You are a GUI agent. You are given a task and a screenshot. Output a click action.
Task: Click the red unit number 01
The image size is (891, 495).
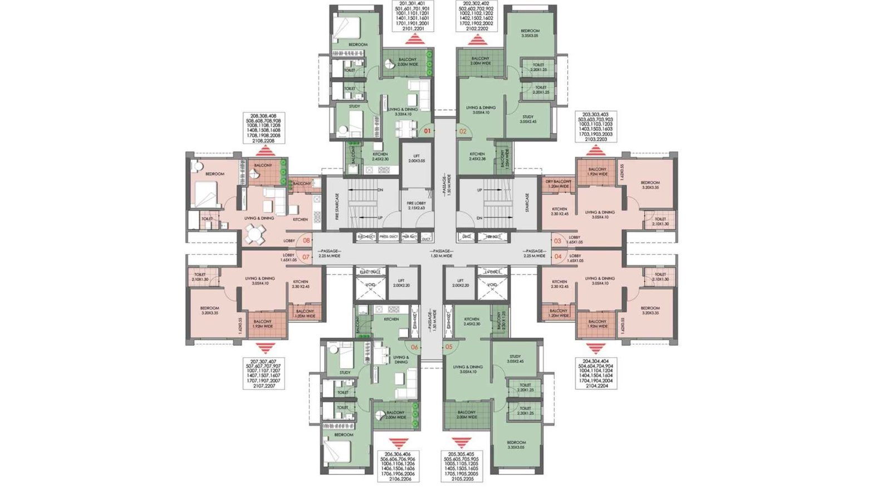pyautogui.click(x=427, y=131)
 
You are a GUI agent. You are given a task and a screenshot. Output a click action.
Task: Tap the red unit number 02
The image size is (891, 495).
pyautogui.click(x=462, y=131)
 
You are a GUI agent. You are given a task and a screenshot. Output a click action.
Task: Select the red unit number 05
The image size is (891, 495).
pyautogui.click(x=449, y=347)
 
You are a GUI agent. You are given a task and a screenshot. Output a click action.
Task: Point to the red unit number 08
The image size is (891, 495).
pyautogui.click(x=306, y=241)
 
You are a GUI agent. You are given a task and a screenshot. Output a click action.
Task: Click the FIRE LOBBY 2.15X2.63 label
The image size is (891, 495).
pyautogui.click(x=416, y=205)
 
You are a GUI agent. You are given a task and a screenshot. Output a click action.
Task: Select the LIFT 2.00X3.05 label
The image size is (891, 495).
pyautogui.click(x=417, y=158)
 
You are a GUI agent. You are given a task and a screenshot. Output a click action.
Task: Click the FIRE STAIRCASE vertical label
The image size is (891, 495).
pyautogui.click(x=337, y=207)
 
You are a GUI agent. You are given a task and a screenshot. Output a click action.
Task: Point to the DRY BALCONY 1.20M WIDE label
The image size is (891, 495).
pyautogui.click(x=558, y=184)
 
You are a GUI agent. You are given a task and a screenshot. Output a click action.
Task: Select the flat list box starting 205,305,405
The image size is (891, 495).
pyautogui.click(x=461, y=466)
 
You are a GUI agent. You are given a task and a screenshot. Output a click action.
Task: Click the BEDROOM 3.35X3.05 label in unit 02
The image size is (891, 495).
pyautogui.click(x=530, y=33)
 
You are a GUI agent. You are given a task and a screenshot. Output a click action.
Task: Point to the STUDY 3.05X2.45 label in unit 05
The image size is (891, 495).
pyautogui.click(x=515, y=359)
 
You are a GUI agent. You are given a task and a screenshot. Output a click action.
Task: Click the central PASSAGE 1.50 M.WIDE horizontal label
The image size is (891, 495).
pyautogui.click(x=440, y=253)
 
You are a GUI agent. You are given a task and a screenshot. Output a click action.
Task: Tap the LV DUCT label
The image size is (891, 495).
pyautogui.click(x=492, y=272)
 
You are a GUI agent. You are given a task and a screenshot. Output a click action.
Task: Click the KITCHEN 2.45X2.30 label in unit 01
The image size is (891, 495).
pyautogui.click(x=380, y=156)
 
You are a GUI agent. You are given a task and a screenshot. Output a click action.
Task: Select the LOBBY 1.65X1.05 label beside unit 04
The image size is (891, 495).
pyautogui.click(x=575, y=258)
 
